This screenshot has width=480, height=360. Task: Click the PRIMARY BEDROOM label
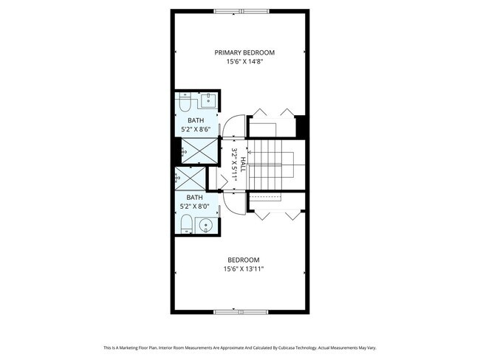[x=244, y=52]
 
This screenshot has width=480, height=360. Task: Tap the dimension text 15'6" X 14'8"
[x=244, y=62]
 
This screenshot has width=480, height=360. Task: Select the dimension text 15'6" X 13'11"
[x=244, y=269]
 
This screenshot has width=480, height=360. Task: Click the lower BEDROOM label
[x=243, y=260]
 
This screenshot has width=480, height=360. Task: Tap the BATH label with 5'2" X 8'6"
[x=196, y=120]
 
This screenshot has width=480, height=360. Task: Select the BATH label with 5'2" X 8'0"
[x=195, y=197]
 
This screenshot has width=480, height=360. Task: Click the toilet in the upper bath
[x=185, y=101]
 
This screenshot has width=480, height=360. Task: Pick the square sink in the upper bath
[x=209, y=101]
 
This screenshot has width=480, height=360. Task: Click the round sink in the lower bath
[x=208, y=225]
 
